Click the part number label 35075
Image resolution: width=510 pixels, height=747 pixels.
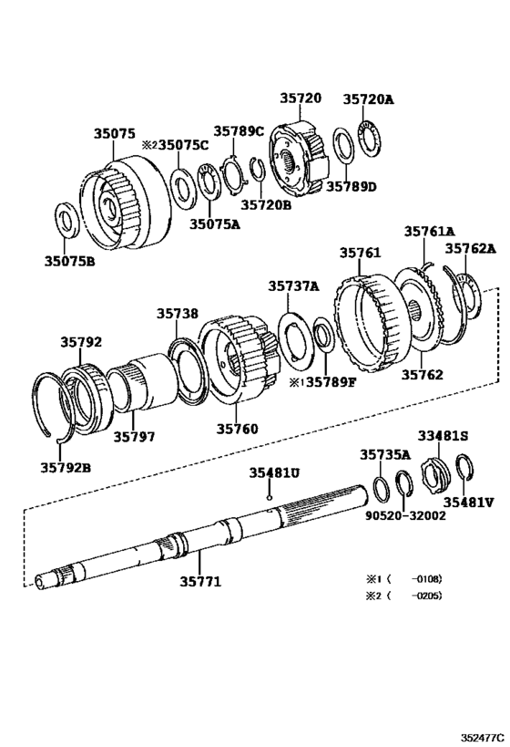(114, 133)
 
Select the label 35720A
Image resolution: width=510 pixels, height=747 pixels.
(368, 99)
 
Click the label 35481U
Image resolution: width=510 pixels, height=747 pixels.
(274, 473)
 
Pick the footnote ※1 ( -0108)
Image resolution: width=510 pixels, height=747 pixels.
(403, 578)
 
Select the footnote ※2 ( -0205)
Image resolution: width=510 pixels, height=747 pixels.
(403, 597)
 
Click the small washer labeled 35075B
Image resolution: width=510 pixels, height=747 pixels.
(66, 220)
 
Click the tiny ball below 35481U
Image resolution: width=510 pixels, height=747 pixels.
(270, 498)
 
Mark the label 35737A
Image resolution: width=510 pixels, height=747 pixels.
(293, 285)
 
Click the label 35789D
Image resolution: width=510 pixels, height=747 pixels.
(351, 187)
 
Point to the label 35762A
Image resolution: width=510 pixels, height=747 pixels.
(470, 248)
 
